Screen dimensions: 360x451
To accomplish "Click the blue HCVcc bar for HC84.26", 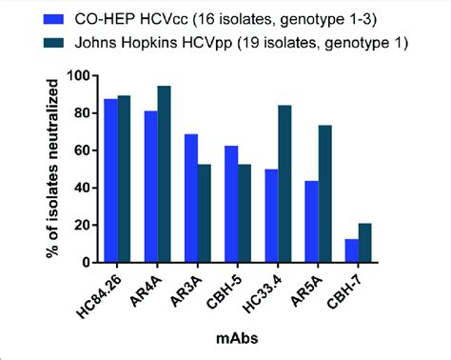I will [x=110, y=181].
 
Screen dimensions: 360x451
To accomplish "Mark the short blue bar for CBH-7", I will [x=351, y=250].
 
